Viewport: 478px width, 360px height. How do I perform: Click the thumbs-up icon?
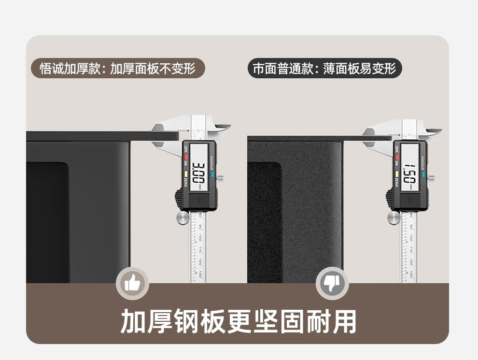(x=132, y=283)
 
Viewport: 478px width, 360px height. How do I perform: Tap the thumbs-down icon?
(x=332, y=283)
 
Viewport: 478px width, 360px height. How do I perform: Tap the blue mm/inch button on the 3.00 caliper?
(x=211, y=171)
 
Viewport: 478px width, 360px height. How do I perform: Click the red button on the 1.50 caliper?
(x=396, y=157)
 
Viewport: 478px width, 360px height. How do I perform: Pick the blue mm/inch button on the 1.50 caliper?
(x=423, y=172)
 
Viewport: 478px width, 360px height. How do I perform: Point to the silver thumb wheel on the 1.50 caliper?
(x=394, y=217)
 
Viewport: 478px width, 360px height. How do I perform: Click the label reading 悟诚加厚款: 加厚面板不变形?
(x=118, y=68)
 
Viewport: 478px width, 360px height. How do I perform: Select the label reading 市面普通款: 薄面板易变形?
(x=324, y=68)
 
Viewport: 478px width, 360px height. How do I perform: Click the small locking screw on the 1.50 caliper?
(x=431, y=177)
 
